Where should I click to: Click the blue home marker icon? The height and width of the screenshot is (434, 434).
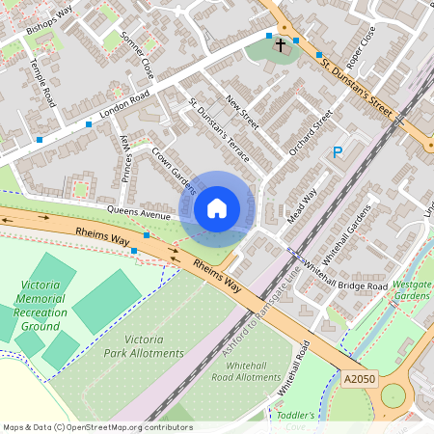(217, 208)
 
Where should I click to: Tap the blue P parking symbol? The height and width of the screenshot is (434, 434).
(338, 151)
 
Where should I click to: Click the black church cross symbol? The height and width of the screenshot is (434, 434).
(281, 45)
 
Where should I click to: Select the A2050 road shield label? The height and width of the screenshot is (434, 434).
(361, 381)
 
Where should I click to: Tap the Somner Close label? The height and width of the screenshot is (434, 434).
(136, 55)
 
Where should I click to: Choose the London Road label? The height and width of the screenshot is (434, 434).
(124, 107)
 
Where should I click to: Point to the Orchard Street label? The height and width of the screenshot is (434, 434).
(310, 133)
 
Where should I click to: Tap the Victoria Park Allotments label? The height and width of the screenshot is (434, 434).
(144, 346)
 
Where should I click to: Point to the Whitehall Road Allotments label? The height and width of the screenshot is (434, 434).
(244, 371)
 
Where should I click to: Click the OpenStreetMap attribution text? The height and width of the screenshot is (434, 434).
(96, 426)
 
